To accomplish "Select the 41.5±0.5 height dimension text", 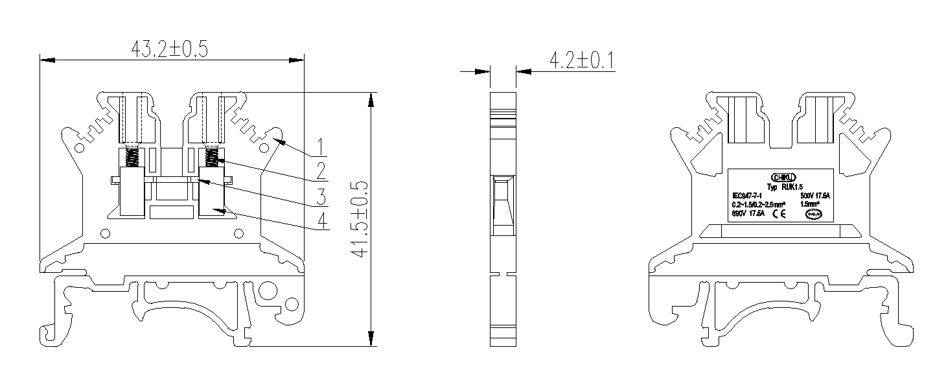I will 360,220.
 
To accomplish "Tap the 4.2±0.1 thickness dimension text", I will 581,61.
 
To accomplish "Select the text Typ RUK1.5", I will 784,187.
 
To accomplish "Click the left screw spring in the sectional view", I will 133,158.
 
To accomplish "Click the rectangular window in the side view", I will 502,204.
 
